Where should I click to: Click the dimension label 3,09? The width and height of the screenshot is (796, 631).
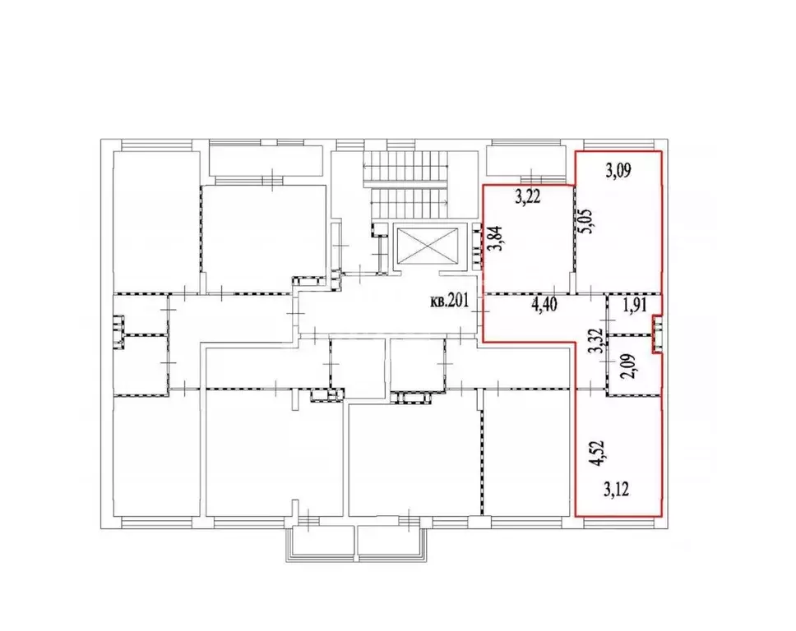coord(619,172)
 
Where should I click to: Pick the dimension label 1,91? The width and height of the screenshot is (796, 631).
coord(636,306)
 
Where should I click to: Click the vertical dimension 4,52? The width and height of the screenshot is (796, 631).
coord(601,453)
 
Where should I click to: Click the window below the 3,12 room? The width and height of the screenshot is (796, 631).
coord(618,520)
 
